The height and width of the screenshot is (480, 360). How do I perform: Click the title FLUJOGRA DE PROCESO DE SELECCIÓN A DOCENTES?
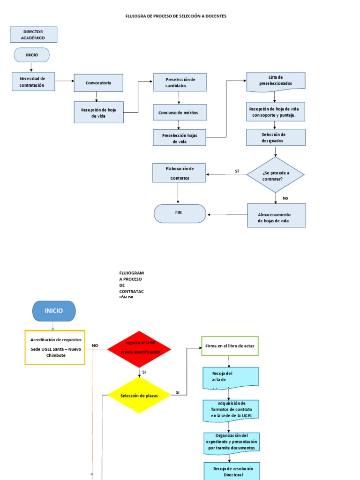(176, 16)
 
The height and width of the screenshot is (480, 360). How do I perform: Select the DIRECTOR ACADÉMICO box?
(33, 35)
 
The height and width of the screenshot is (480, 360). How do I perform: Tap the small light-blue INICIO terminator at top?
(31, 55)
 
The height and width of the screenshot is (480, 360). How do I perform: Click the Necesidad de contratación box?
(33, 82)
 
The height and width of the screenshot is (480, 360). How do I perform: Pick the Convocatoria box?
(98, 83)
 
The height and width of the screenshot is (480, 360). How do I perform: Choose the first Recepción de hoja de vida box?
(98, 112)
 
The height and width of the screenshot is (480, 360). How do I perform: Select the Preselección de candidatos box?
(180, 82)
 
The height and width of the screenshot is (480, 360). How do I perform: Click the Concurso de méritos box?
(180, 112)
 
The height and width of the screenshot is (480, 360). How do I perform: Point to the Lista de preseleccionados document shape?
(276, 80)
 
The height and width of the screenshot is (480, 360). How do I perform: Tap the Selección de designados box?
(276, 137)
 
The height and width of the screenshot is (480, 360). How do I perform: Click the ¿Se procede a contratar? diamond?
(276, 175)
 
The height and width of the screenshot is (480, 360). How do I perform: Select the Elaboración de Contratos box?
(179, 173)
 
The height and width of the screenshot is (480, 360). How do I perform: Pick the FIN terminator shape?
(180, 213)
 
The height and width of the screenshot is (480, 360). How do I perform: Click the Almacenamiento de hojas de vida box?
(276, 216)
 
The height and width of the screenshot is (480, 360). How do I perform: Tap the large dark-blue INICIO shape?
(54, 311)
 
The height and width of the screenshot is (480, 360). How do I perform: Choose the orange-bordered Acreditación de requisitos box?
(55, 347)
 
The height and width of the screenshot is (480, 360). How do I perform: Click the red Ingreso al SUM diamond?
(139, 349)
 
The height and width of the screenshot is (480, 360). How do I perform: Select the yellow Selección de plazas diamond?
(139, 396)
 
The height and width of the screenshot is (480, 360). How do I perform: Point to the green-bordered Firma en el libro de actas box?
(230, 346)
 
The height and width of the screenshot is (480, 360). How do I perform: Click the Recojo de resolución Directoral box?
(232, 471)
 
